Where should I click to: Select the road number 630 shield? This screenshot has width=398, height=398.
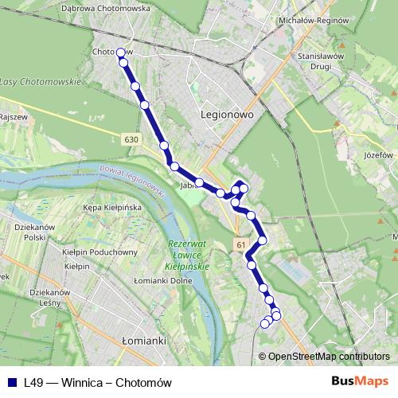coord(131,139)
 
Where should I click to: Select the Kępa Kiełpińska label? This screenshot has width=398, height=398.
coord(112,208)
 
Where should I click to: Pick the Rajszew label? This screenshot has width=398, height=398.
coord(14,117)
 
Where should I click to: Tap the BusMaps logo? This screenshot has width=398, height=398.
coord(354,382)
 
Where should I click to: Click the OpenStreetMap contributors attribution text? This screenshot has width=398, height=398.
coord(328,357)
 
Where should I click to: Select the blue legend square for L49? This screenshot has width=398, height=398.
coord(12,382)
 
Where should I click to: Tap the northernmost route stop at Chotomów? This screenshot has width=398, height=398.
coord(121,53)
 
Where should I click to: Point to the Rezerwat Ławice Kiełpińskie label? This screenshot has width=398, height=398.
coord(188,255)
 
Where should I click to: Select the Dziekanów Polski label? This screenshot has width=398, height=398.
coord(33,232)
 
